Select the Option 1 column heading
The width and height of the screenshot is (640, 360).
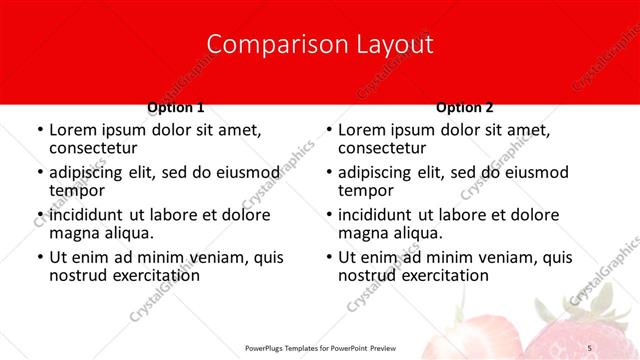pyautogui.click(x=176, y=107)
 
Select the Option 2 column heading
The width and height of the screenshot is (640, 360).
pyautogui.click(x=464, y=107)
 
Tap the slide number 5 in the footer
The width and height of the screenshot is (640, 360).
pyautogui.click(x=589, y=346)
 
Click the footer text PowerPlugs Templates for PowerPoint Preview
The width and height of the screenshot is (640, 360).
pyautogui.click(x=319, y=346)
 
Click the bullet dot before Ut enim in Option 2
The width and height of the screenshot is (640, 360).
pyautogui.click(x=329, y=258)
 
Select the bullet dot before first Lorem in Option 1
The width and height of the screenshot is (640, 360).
pyautogui.click(x=39, y=130)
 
